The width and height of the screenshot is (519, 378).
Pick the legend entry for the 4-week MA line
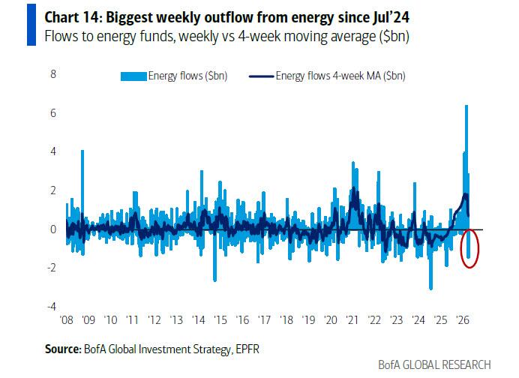pyautogui.click(x=331, y=75)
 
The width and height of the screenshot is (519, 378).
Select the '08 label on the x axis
pyautogui.click(x=66, y=319)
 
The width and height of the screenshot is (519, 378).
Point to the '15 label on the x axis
pyautogui.click(x=220, y=319)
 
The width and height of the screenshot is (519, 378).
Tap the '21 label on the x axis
pyautogui.click(x=352, y=319)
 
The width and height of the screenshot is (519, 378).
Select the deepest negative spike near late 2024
pyautogui.click(x=430, y=289)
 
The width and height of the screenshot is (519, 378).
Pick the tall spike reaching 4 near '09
pyautogui.click(x=82, y=151)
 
